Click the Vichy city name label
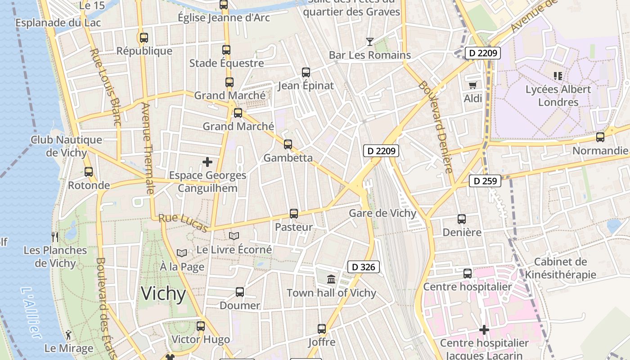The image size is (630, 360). (x=163, y=294)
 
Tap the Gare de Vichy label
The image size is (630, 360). (x=382, y=213)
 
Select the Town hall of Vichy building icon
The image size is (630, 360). (x=331, y=279)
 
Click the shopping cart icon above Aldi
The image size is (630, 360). (x=472, y=85)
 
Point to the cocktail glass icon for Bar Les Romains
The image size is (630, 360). (x=369, y=42)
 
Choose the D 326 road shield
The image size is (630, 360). (x=364, y=267)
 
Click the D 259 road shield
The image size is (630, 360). (x=485, y=181)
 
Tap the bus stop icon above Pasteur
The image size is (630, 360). (x=294, y=214)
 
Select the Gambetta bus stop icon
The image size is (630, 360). (x=288, y=144)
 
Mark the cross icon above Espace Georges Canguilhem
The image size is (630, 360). (x=207, y=162)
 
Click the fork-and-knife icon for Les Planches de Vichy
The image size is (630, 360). (x=55, y=237)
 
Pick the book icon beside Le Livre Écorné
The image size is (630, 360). (x=234, y=236)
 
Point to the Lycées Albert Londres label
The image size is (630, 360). (x=558, y=95)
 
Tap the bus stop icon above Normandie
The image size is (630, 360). (x=600, y=137)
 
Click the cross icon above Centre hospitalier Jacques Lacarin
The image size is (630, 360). (x=484, y=330)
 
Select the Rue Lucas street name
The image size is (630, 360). (x=183, y=223)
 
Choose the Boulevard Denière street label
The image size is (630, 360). (x=435, y=127)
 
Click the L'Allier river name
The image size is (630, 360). (x=31, y=312)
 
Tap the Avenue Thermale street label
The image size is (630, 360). (x=148, y=148)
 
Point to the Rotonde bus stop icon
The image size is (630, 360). (x=89, y=171)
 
